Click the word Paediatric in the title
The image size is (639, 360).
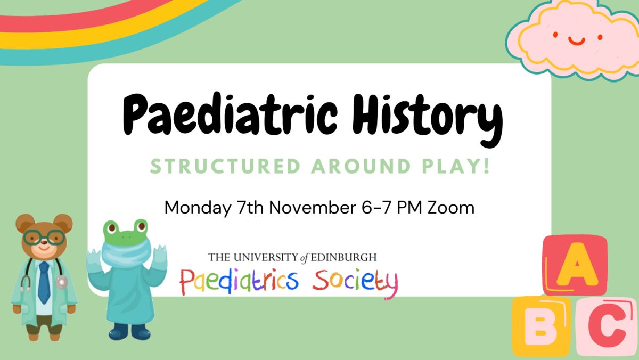230,114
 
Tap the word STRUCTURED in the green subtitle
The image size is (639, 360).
225,166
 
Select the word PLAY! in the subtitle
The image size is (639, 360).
456,166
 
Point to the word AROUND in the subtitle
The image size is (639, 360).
361,166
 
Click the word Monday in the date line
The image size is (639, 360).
198,208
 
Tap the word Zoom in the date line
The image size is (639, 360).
450,207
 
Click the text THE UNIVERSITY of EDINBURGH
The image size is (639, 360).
292,257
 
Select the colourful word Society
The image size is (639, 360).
355,282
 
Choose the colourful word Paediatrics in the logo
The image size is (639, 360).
239,281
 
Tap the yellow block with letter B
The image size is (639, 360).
541,326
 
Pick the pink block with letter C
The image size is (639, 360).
607,326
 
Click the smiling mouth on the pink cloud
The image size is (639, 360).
577,41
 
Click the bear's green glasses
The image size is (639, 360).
44,238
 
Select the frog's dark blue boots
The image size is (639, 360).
130,331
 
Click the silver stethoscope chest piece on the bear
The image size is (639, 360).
62,282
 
